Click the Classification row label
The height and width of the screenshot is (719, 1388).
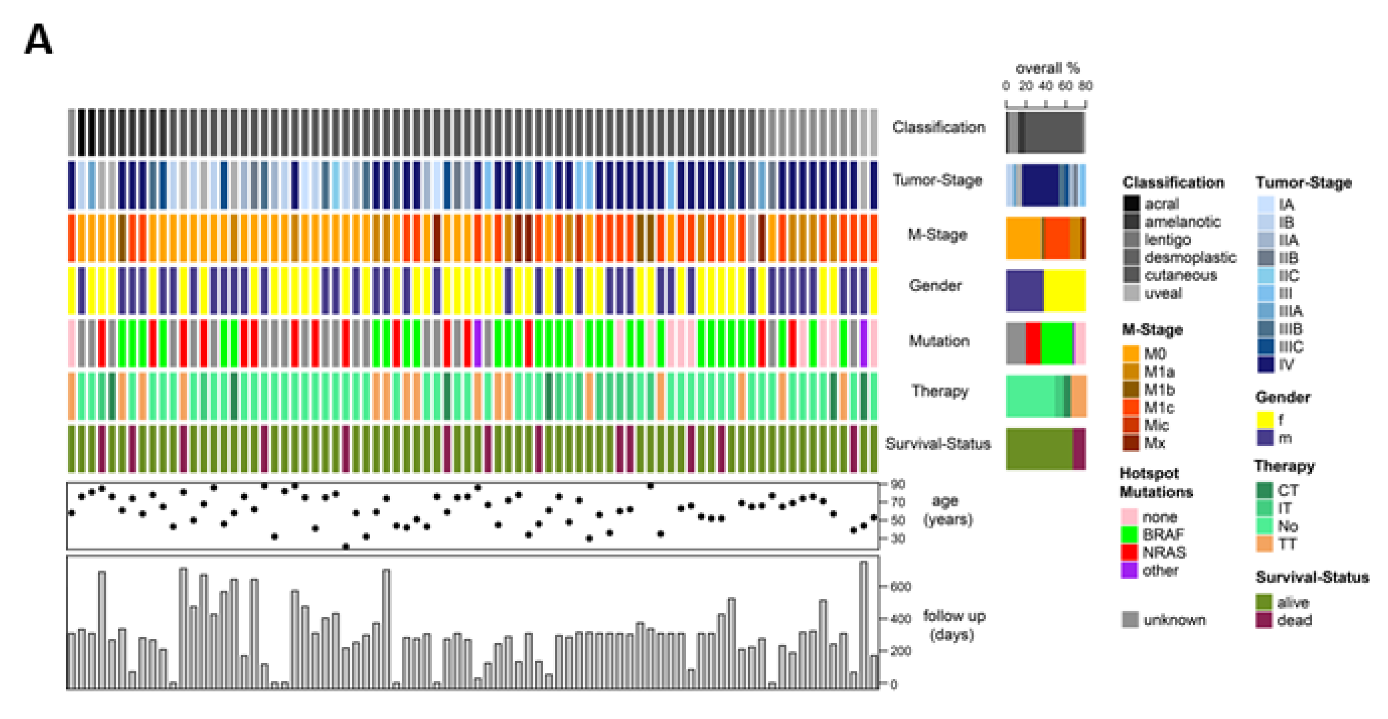(938, 127)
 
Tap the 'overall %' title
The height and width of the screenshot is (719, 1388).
(1047, 68)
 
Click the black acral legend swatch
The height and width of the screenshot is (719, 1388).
(1131, 204)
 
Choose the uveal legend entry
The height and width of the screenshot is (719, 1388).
(1162, 293)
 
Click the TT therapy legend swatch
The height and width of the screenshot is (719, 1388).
(1264, 544)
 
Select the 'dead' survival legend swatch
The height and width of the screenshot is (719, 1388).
(1264, 620)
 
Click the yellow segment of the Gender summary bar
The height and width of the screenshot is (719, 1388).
(1064, 290)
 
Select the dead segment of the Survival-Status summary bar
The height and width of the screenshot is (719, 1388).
(1079, 449)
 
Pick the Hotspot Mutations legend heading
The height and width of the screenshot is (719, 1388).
(1156, 482)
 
